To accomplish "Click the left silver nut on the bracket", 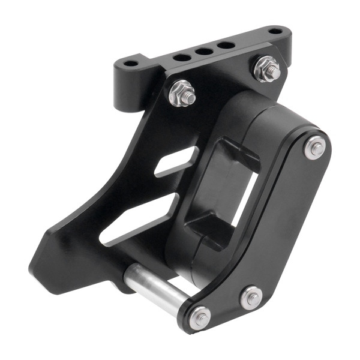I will click(x=182, y=93).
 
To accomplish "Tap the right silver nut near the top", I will click(x=268, y=68).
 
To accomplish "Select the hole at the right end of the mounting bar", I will click(x=275, y=31).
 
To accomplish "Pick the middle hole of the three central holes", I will click(x=203, y=51).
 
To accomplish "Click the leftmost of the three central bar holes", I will click(x=182, y=57).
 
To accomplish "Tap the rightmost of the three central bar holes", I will click(x=225, y=45).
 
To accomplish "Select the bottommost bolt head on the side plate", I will click(x=200, y=318).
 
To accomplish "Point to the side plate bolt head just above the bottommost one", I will click(x=251, y=298).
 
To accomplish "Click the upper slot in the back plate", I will click(x=177, y=162).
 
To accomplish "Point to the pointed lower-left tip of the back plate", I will click(x=34, y=264).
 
